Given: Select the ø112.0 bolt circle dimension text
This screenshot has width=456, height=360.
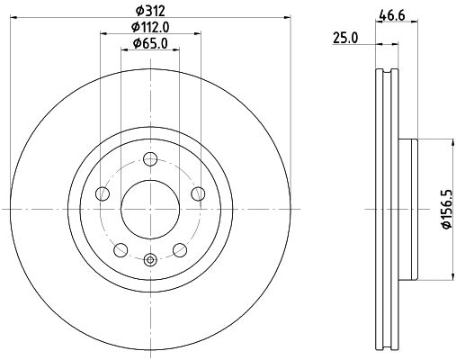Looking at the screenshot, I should pos(149,26).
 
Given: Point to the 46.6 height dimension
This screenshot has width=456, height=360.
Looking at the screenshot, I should pos(389,14).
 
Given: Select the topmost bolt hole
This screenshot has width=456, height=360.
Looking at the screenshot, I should pos(149,158).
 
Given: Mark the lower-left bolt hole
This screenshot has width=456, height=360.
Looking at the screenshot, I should pos(121,247).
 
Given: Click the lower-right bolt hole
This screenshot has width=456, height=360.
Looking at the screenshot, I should pos(178,247).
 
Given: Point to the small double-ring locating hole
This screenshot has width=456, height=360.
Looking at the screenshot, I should pos(149,261).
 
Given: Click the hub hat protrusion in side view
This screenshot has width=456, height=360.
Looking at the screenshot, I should pos(410,207).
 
